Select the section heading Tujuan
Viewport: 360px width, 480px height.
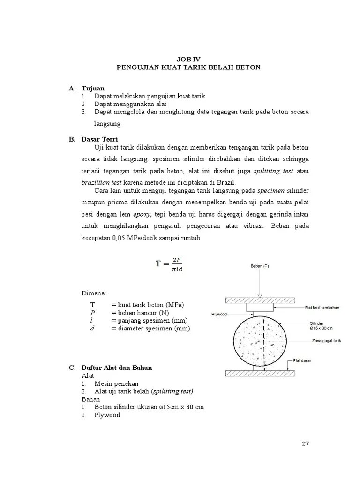tap(93, 88)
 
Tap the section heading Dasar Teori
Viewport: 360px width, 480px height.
tap(100, 139)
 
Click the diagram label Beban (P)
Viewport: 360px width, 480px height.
tap(260, 266)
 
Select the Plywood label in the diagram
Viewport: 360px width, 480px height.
tap(218, 315)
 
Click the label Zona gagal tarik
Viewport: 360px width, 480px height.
tap(325, 342)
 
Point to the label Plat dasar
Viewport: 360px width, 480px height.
tap(303, 360)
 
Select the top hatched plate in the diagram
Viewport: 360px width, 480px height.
tap(260, 300)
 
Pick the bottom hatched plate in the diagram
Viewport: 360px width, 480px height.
tap(260, 373)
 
